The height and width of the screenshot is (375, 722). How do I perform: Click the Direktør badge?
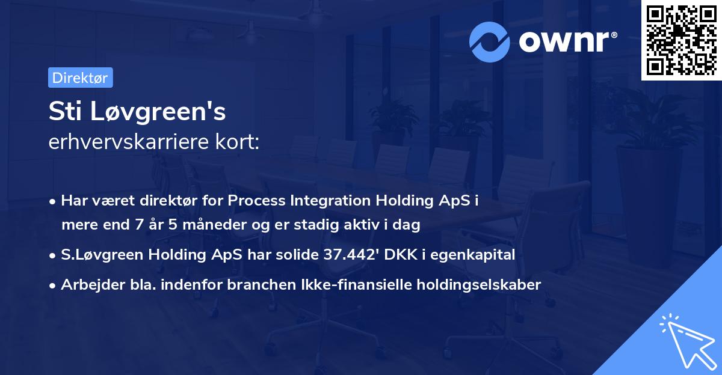(x=80, y=78)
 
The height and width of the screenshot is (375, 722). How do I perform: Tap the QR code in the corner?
(x=682, y=40)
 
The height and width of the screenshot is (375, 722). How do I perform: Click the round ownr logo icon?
(x=489, y=41)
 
